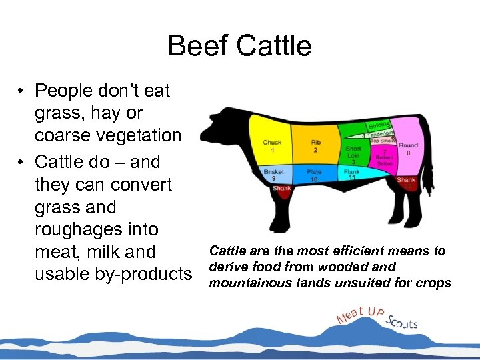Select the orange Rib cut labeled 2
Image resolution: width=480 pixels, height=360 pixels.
[315, 143]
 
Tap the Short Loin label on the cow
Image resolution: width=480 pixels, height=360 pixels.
[353, 155]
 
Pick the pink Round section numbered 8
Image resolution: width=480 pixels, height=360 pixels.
[408, 149]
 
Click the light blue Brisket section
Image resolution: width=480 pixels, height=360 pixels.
[273, 175]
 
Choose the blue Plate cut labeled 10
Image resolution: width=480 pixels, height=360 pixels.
[314, 175]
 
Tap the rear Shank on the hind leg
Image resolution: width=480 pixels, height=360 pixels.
[406, 180]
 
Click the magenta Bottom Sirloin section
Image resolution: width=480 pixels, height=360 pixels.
[384, 157]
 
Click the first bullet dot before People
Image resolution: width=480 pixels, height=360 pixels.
[22, 90]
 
